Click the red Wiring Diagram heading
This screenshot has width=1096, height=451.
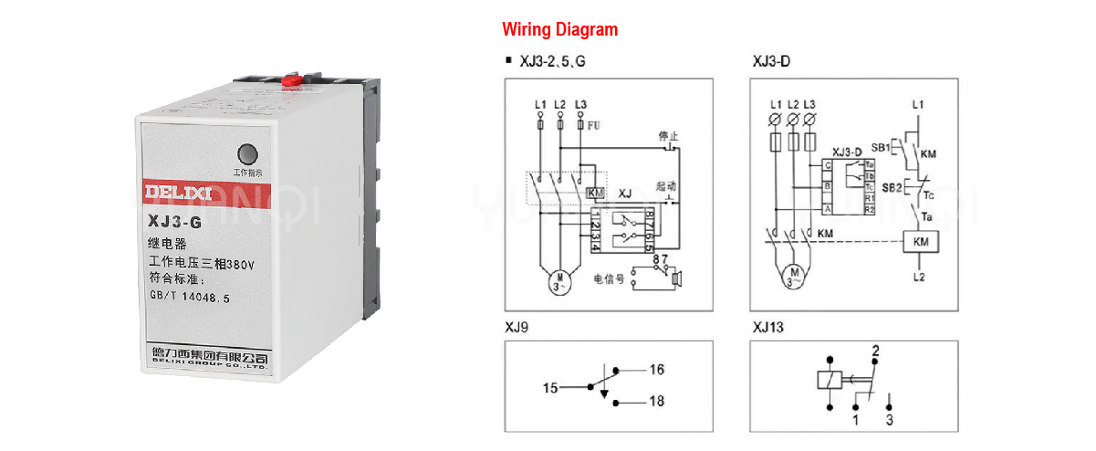(559, 29)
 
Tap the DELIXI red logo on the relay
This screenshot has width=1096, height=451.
(178, 193)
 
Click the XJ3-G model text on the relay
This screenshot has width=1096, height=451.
(175, 221)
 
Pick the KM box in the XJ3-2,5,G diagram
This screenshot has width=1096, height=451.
(596, 193)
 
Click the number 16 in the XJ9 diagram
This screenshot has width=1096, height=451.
(657, 370)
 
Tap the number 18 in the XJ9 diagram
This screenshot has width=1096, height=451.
(657, 402)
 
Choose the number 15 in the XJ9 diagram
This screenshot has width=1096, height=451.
(550, 387)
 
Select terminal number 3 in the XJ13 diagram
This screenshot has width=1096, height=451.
(889, 421)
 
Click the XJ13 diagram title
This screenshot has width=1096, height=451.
(768, 326)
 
